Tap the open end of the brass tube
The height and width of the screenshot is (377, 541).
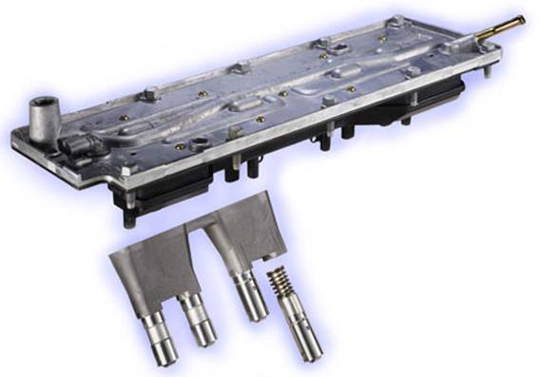521,18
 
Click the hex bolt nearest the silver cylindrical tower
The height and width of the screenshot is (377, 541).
150,94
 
